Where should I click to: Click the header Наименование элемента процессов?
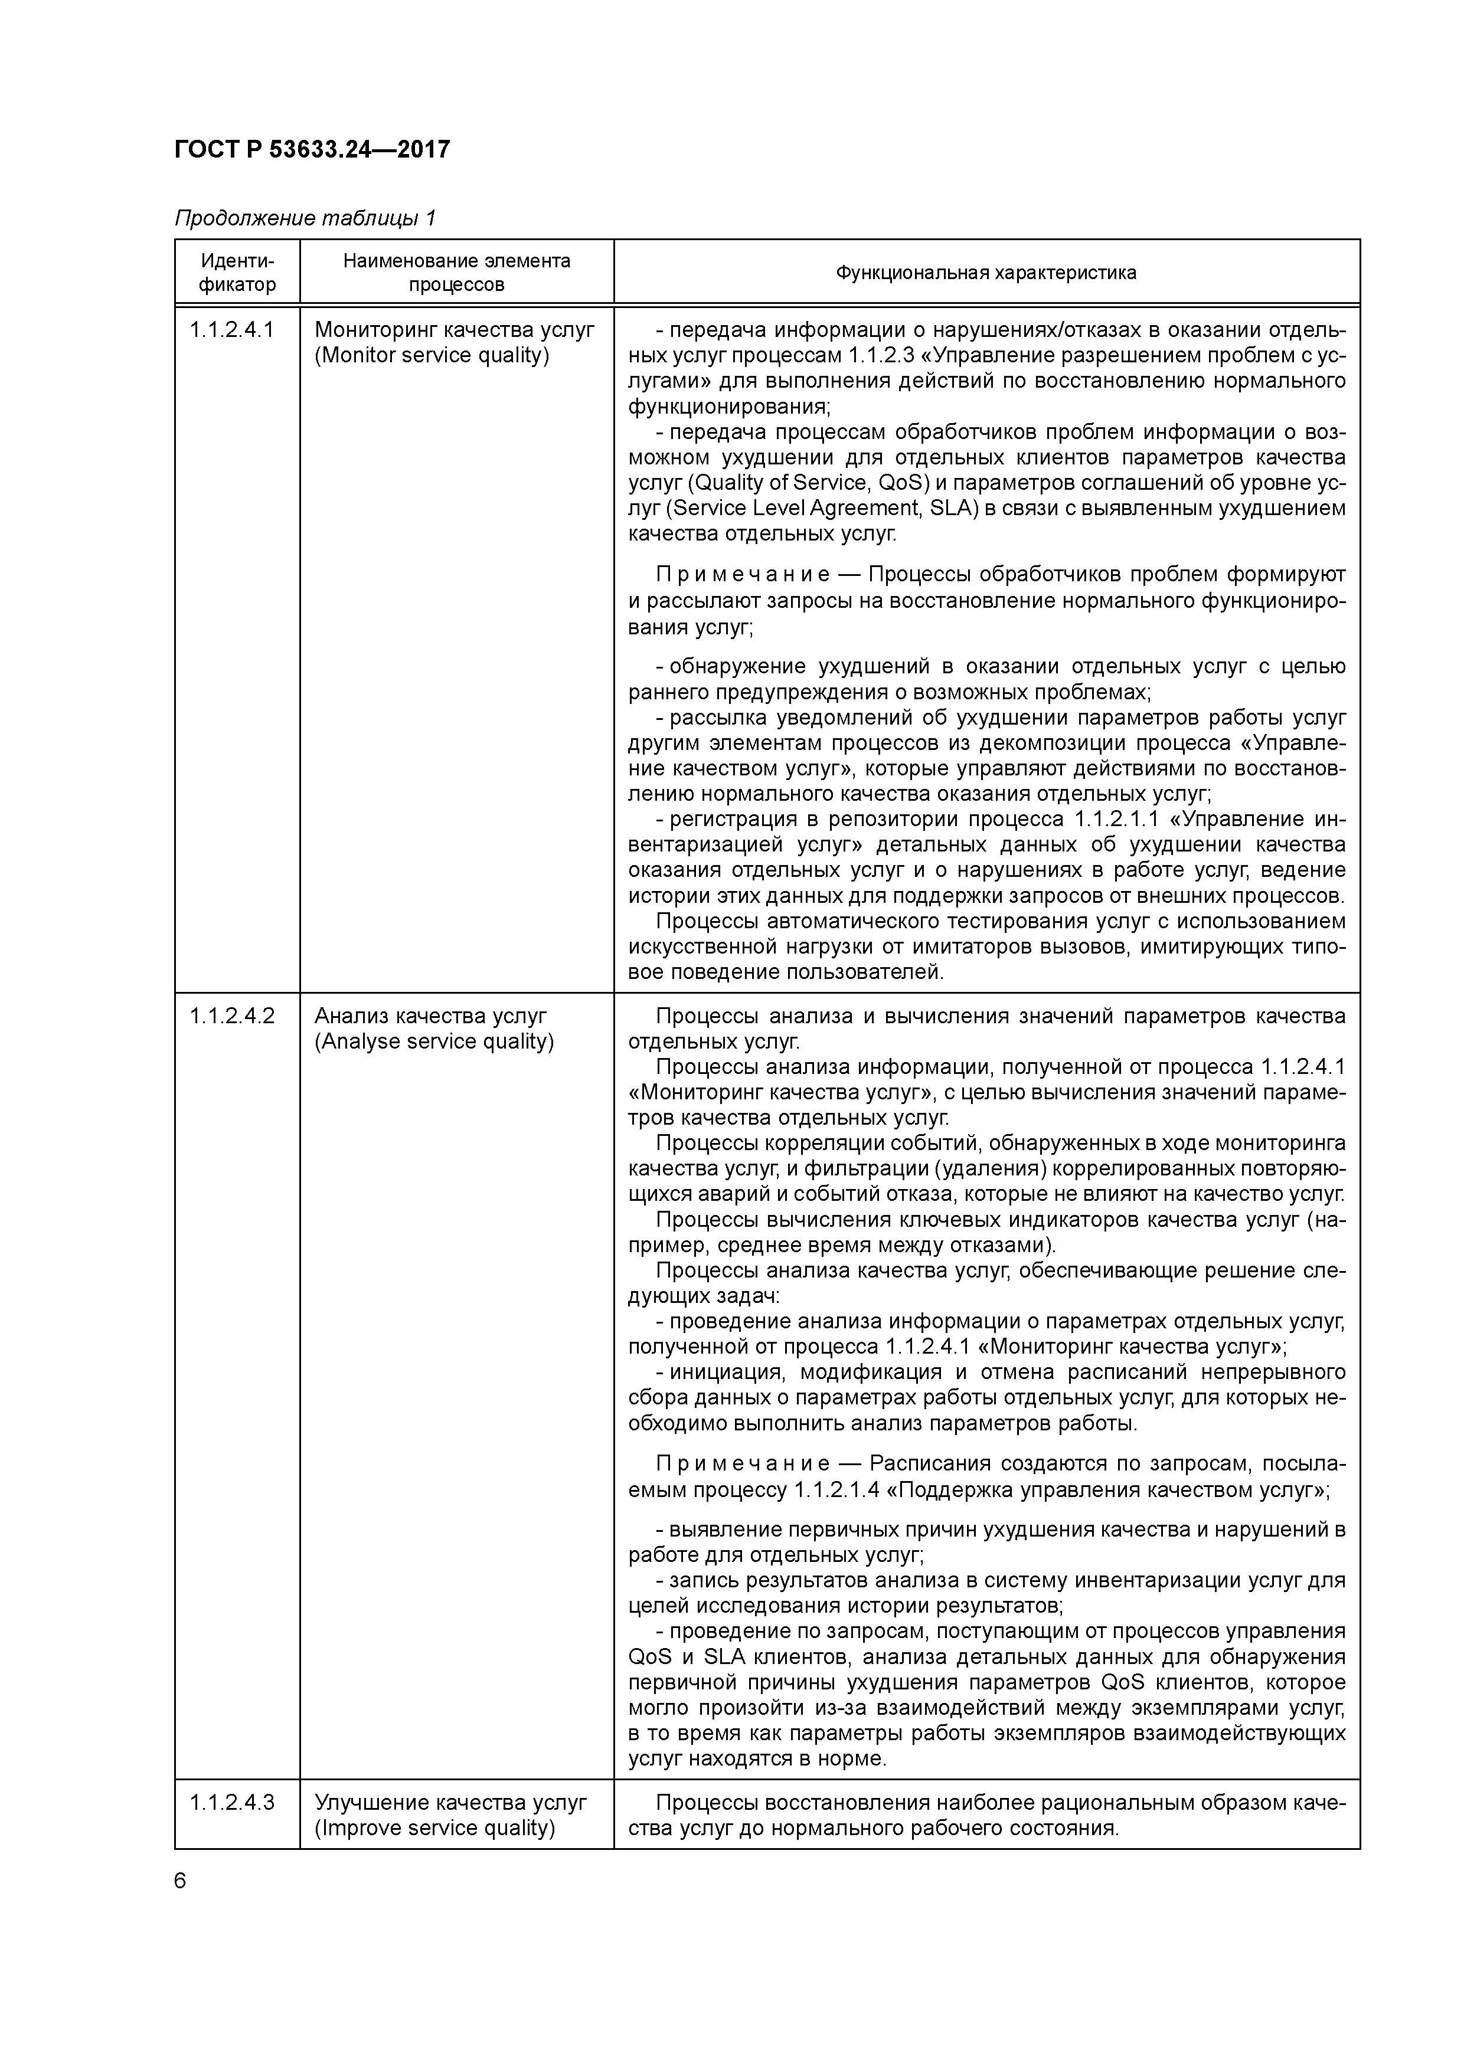click(x=456, y=272)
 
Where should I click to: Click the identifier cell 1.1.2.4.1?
click(x=232, y=330)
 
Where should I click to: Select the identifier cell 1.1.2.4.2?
click(x=232, y=1016)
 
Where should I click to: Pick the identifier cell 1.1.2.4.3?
click(x=232, y=1802)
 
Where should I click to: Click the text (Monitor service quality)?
click(x=432, y=355)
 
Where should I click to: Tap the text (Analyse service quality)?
click(x=434, y=1041)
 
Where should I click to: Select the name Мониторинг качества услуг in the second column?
click(x=455, y=330)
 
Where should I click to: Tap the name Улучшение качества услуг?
click(x=450, y=1802)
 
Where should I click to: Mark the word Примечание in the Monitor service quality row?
click(x=743, y=574)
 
